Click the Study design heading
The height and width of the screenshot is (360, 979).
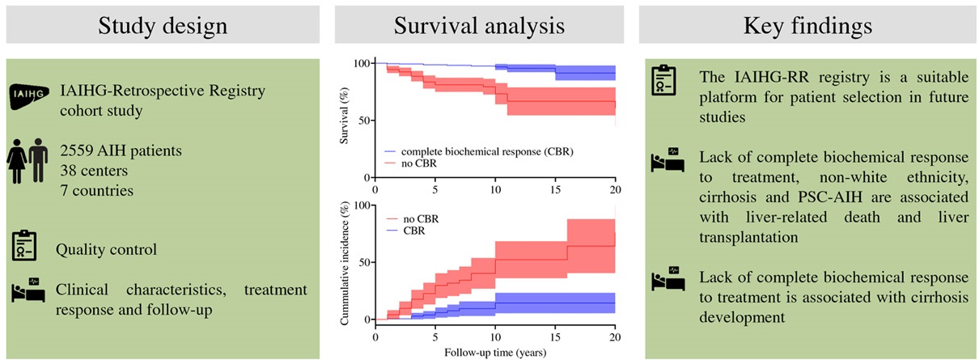pos(162,26)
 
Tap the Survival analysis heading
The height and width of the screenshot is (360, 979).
pos(479,26)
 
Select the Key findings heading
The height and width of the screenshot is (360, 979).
pos(807,26)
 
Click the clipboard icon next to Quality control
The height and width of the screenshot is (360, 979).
pos(26,248)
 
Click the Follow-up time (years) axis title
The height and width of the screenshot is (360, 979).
pos(495,352)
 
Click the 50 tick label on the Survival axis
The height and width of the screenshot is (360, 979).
pos(363,121)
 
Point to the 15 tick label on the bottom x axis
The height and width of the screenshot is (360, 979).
pos(555,337)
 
